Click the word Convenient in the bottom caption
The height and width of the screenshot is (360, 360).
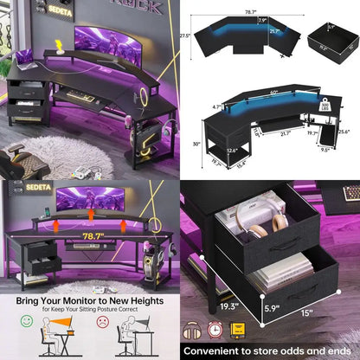[x=214, y=350]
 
